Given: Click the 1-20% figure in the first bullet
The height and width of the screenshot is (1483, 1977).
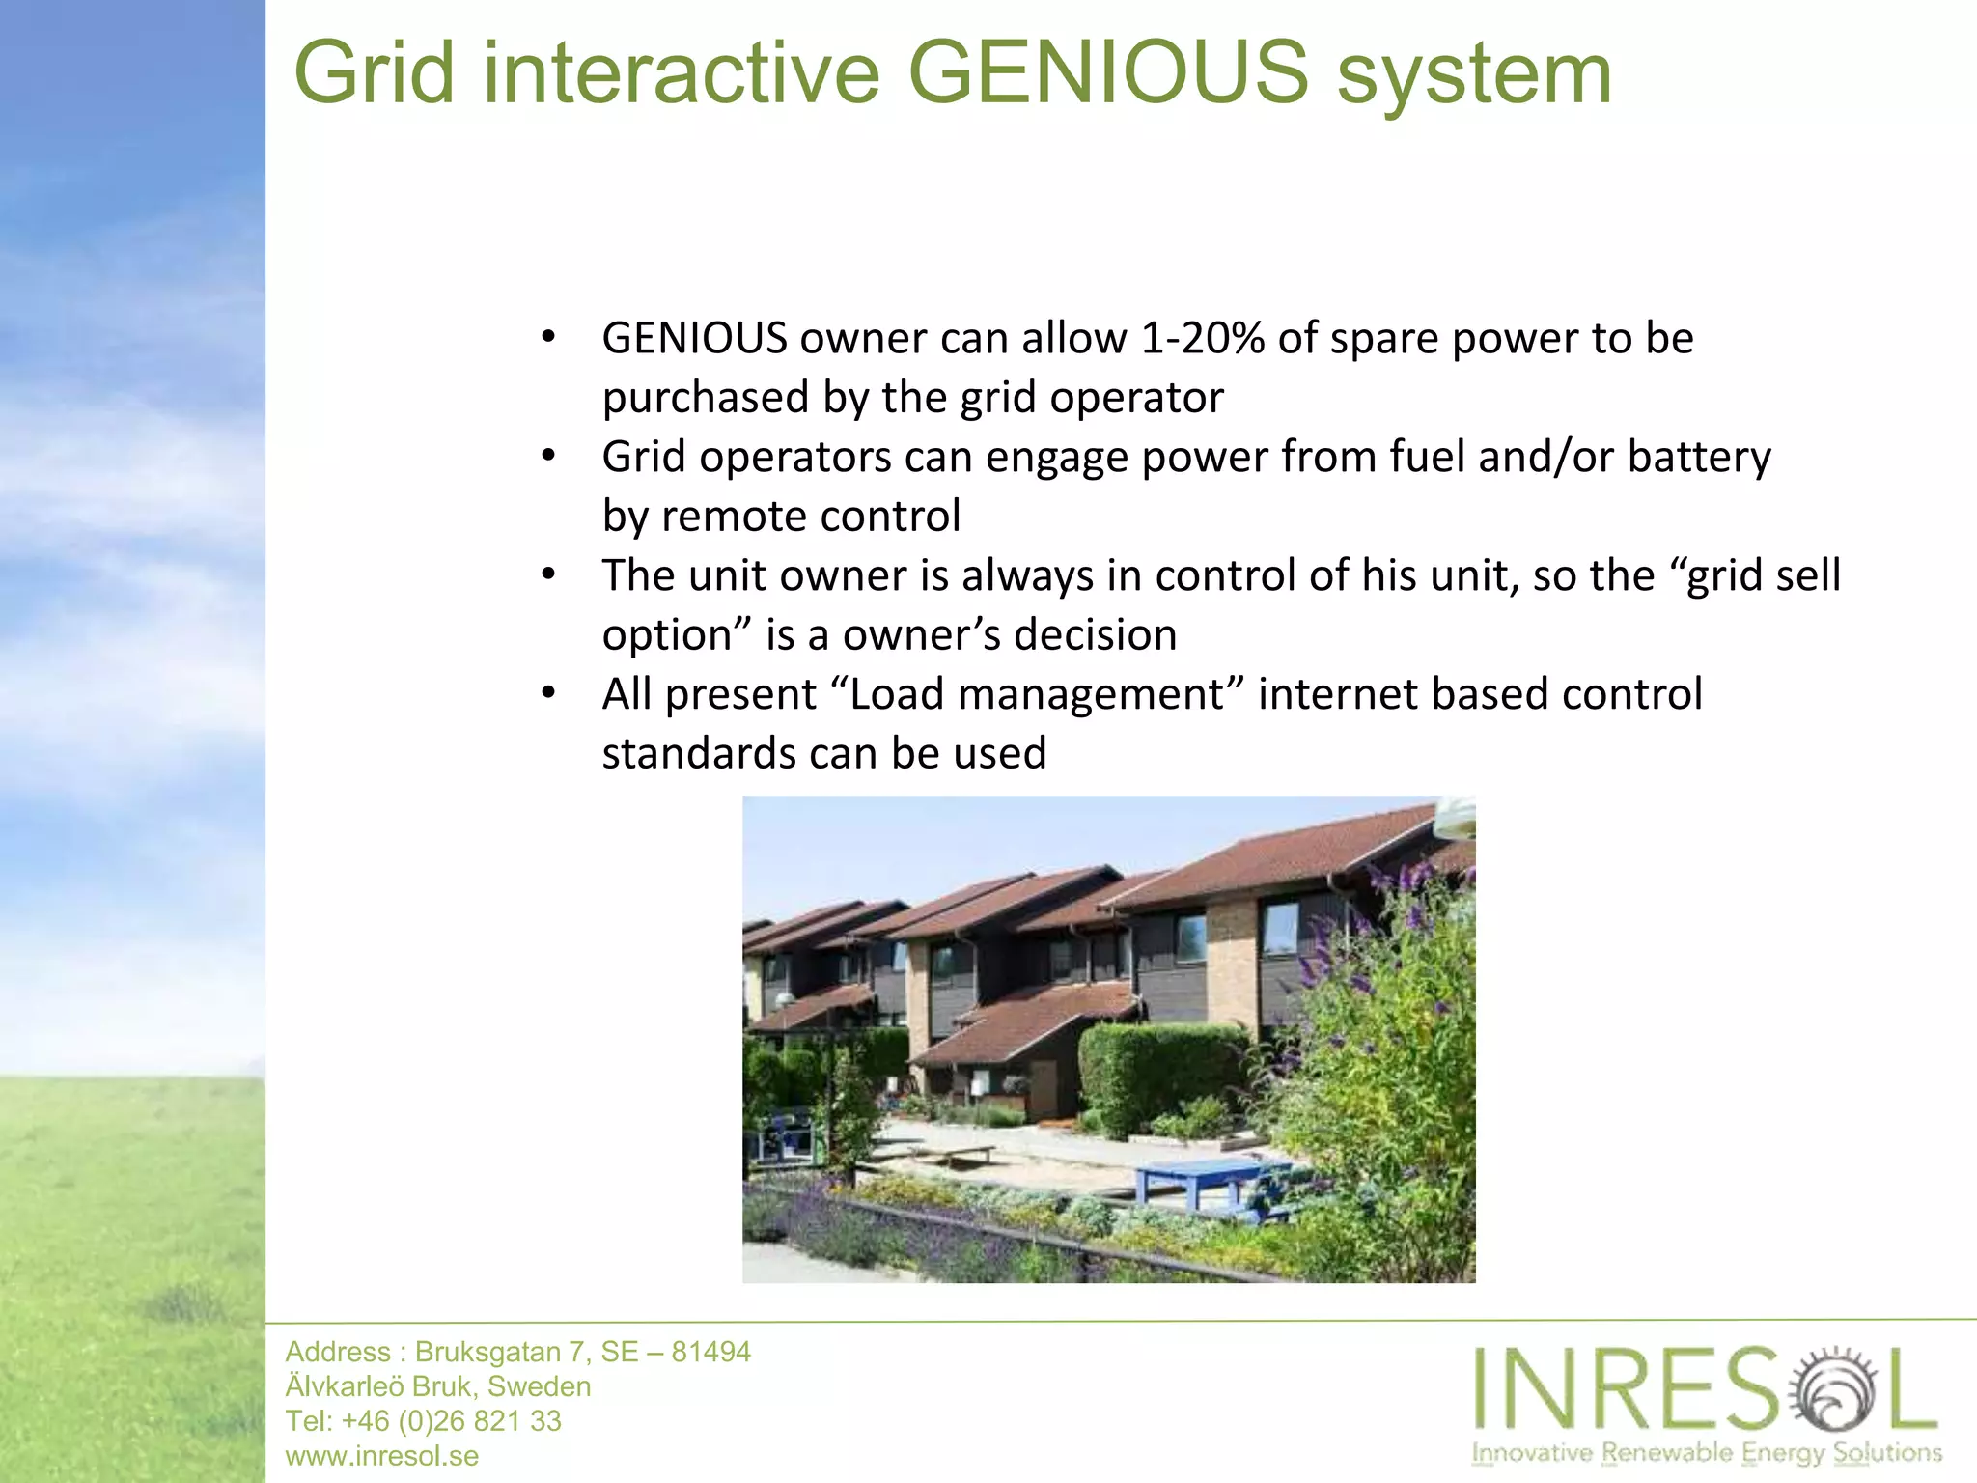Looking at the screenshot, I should click(1203, 338).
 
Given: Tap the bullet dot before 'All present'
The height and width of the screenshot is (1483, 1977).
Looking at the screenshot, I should click(548, 693).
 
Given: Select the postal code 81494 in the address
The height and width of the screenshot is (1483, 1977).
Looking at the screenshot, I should click(710, 1352).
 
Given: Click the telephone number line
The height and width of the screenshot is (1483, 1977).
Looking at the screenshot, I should click(423, 1421).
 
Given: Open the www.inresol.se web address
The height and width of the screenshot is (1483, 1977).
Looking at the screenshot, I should click(382, 1456).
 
